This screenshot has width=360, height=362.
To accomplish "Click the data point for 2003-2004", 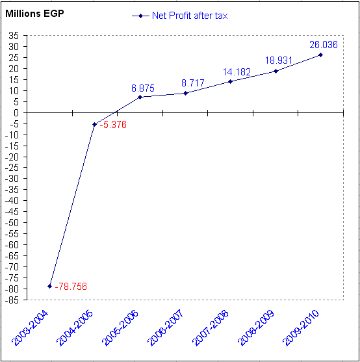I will (49, 286).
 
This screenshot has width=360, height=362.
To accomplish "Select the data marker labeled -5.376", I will (94, 124).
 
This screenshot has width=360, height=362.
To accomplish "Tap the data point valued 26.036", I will (320, 55).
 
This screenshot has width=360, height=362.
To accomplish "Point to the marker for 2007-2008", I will (230, 81).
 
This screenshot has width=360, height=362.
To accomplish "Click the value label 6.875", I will (142, 88).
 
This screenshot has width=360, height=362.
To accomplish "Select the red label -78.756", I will (71, 287).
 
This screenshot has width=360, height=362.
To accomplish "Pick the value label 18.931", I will (279, 60).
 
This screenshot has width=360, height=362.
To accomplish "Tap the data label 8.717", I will (192, 83).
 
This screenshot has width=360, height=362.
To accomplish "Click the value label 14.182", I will (237, 72).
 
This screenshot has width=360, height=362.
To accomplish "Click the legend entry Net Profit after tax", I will (188, 15).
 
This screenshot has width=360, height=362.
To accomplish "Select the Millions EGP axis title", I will (34, 13).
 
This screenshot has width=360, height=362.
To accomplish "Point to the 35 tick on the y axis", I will (13, 36).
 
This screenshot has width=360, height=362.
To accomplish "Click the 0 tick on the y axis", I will (16, 112).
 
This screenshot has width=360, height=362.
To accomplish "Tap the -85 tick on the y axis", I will (12, 300).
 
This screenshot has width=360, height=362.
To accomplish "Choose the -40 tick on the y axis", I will (12, 201).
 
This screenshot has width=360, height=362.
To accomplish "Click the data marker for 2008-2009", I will (276, 71).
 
